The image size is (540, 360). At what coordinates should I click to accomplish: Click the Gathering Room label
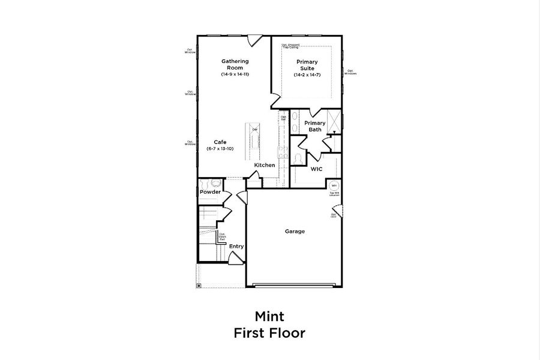click(235, 64)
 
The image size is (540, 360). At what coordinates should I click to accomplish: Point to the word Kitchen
click(265, 165)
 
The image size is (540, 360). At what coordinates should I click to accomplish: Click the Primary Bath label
click(315, 126)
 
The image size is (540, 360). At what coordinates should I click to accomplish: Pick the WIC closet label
click(316, 169)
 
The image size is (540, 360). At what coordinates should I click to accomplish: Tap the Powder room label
click(210, 192)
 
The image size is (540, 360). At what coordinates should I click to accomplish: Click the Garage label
click(295, 231)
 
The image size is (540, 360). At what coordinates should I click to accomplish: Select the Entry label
click(236, 246)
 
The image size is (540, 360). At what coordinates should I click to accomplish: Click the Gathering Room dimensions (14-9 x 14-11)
click(235, 74)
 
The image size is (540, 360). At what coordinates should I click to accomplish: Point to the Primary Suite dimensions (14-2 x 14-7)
click(307, 75)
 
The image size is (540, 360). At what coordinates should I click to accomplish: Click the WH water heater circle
click(334, 187)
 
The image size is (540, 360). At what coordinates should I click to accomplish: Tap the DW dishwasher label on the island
click(254, 130)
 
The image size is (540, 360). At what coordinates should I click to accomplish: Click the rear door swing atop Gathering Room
click(254, 40)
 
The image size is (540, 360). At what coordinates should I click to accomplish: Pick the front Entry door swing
click(235, 257)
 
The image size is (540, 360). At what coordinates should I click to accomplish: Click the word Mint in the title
click(269, 316)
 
